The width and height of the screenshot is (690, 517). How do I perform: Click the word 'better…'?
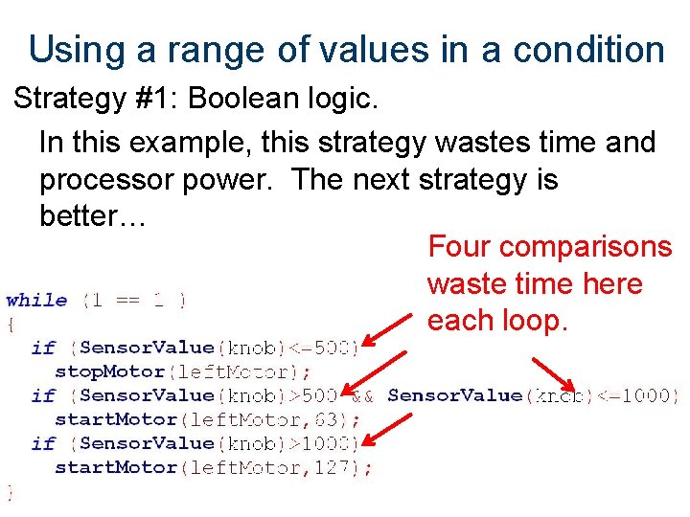[x=92, y=215]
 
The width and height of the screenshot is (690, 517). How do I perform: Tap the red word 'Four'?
[x=460, y=247]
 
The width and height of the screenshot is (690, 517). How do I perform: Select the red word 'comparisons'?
[x=586, y=247]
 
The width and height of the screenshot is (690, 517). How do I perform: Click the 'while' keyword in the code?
[x=37, y=301]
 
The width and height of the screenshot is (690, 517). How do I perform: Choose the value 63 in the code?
[x=340, y=419]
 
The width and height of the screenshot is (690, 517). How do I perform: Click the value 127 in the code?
[x=347, y=467]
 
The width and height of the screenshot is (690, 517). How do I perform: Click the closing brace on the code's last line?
[x=11, y=491]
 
